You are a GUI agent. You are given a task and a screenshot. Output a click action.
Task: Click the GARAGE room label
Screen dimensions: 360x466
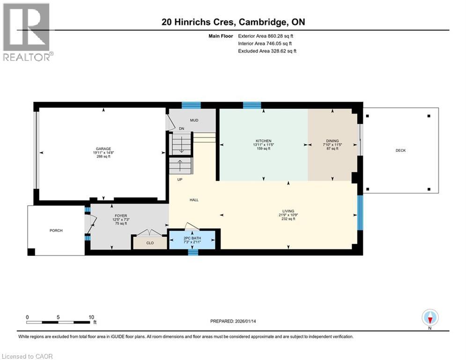pos(103,149)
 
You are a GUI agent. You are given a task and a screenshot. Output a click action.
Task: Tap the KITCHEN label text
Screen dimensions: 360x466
pos(264,141)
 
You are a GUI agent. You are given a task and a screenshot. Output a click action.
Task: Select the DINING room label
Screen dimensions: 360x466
pos(332,141)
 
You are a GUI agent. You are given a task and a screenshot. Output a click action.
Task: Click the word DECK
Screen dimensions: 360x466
pos(400,150)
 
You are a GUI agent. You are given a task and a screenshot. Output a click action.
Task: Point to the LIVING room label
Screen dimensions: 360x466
pos(288,211)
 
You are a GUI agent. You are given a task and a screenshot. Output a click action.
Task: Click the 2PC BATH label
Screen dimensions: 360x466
pos(192,238)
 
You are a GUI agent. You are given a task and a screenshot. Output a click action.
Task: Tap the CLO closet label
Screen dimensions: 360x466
pos(150,243)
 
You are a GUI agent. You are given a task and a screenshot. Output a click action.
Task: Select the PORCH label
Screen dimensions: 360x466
pos(56,230)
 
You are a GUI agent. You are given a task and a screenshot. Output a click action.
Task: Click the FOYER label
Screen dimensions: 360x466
pos(111,216)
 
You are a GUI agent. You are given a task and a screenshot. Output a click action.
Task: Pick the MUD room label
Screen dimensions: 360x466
pos(194,120)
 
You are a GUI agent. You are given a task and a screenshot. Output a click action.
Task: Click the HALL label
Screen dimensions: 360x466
pos(194,200)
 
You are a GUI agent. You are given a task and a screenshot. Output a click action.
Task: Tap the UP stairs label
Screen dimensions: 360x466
pos(180,180)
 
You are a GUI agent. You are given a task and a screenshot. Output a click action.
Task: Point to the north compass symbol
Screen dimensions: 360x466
pos(430,318)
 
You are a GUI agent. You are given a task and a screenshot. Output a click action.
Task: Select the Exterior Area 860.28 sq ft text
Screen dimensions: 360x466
pos(266,36)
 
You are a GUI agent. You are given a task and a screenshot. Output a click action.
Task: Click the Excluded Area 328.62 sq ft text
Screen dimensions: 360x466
pos(267,51)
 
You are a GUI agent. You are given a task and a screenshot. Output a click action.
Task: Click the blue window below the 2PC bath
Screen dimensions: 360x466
pos(192,252)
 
